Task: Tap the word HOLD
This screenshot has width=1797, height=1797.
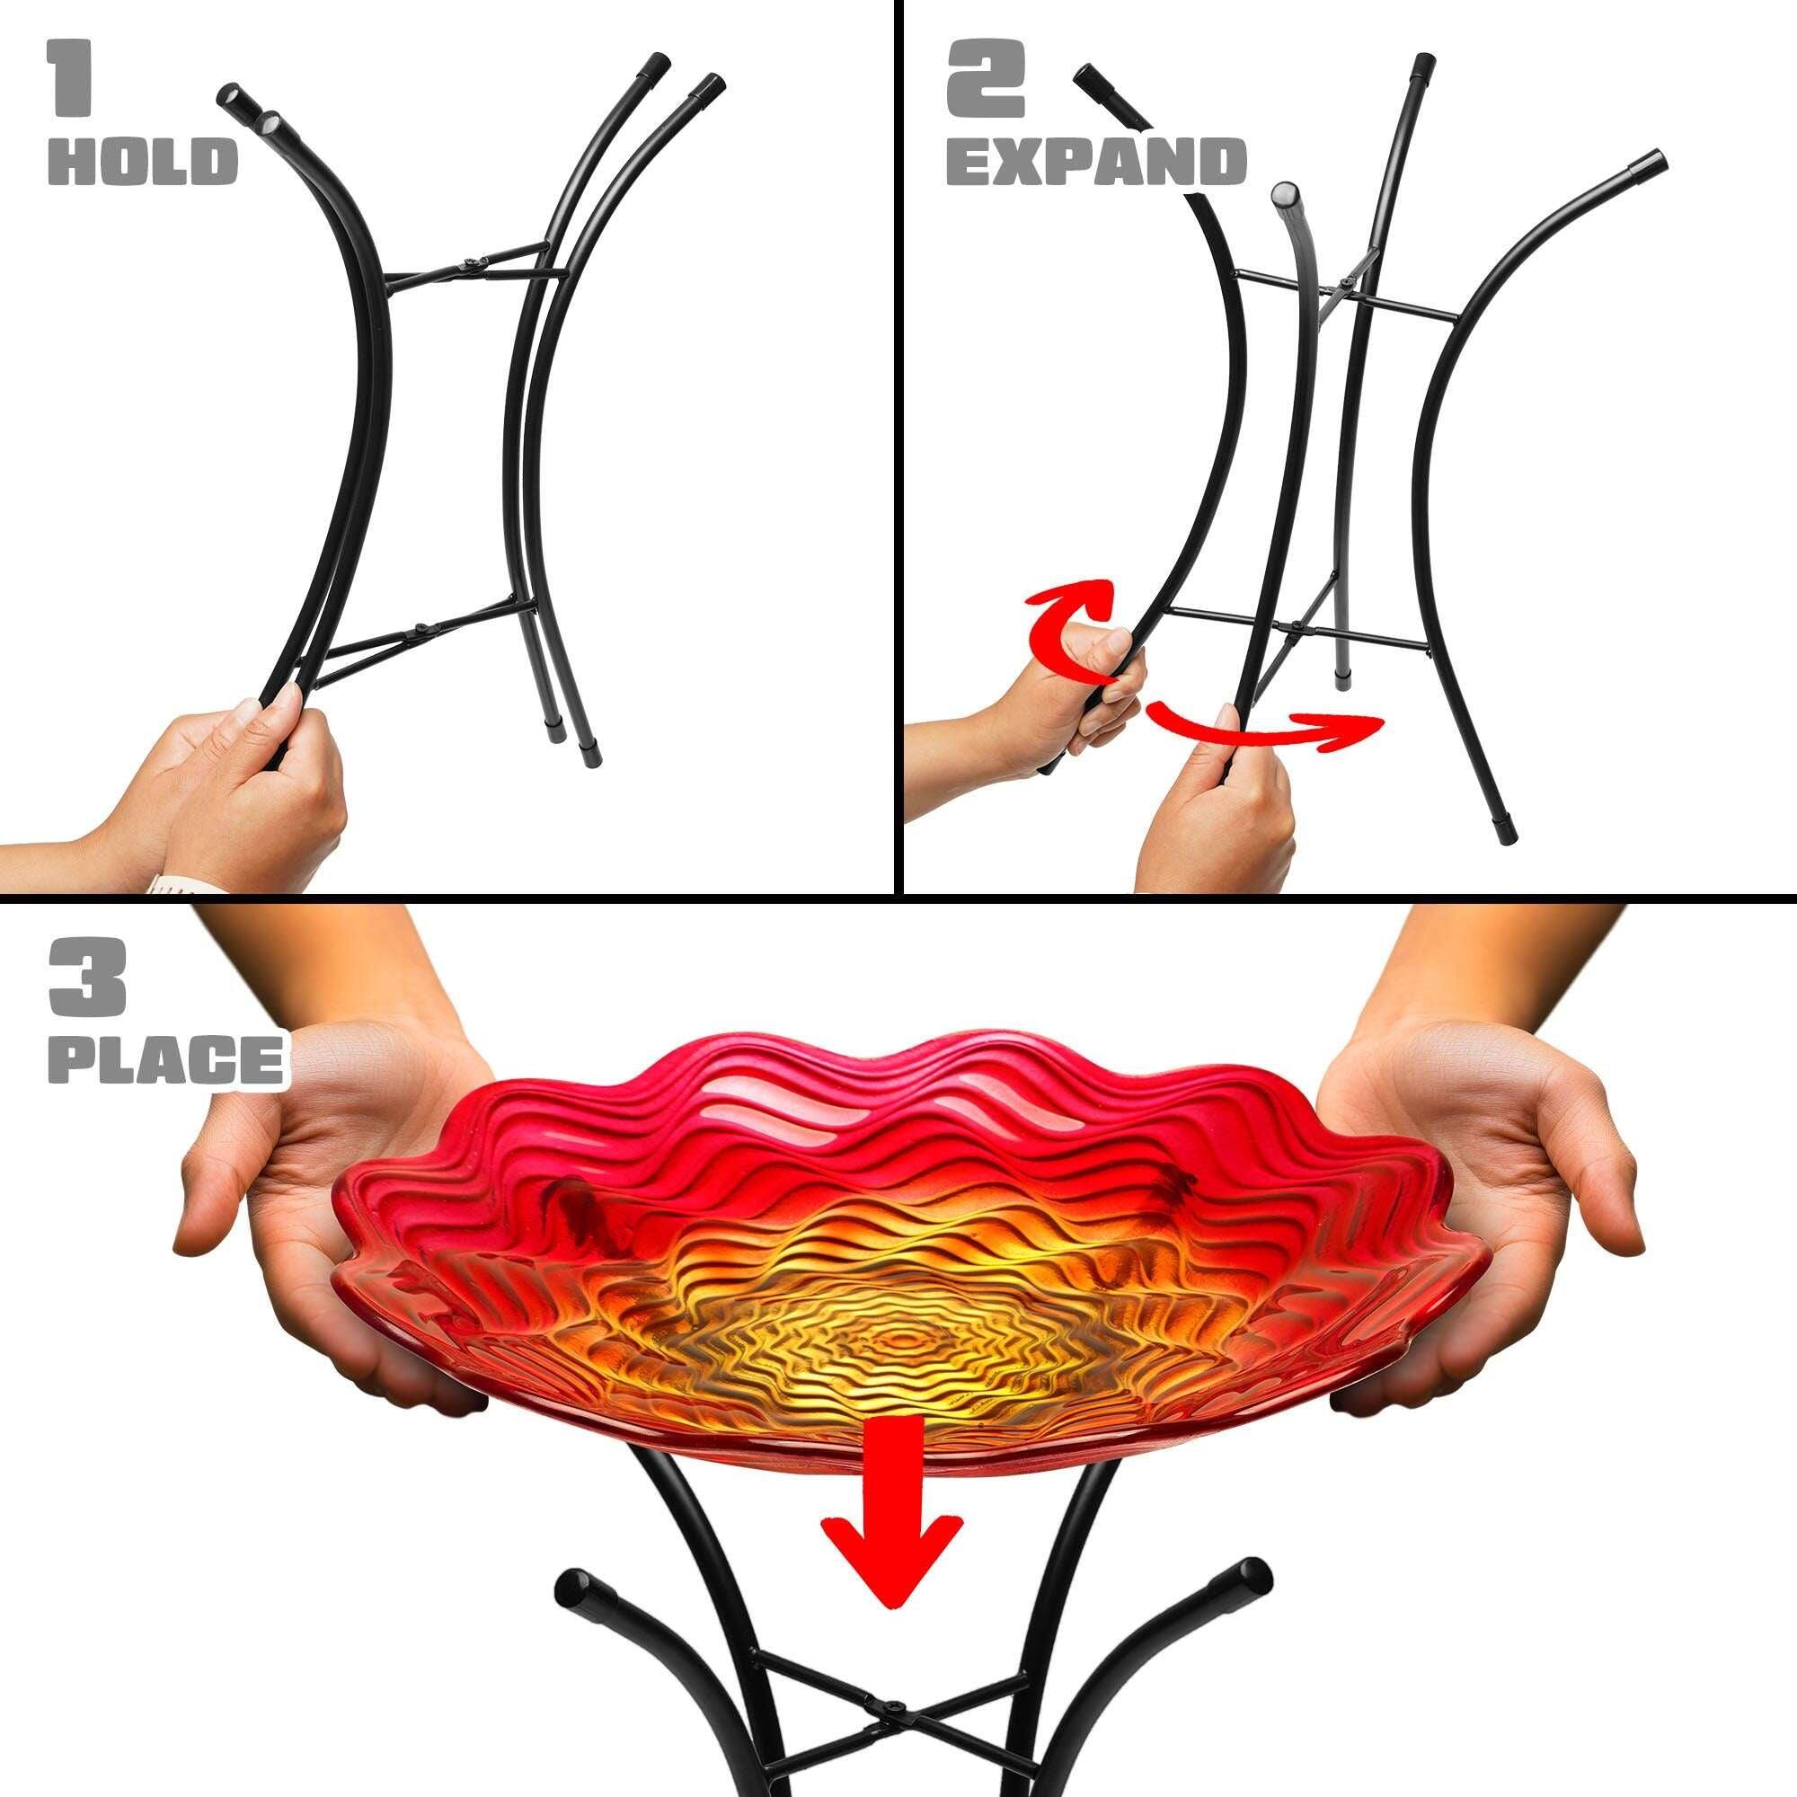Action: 142,160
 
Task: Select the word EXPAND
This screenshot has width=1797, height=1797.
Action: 1095,161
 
